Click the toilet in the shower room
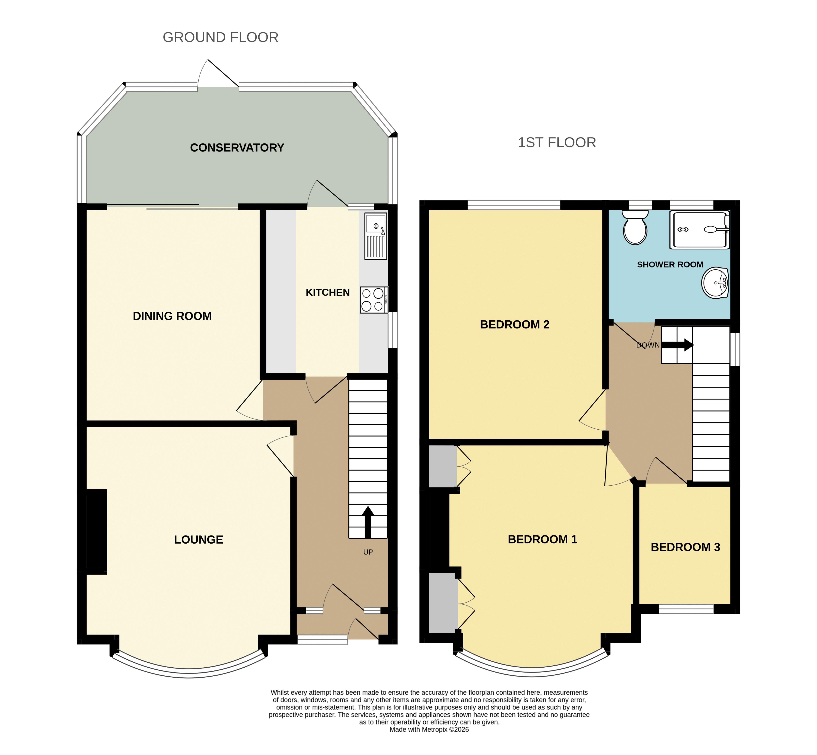[x=635, y=227]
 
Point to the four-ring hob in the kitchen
[x=374, y=300]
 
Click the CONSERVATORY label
[x=237, y=148]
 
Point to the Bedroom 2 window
[x=514, y=205]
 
